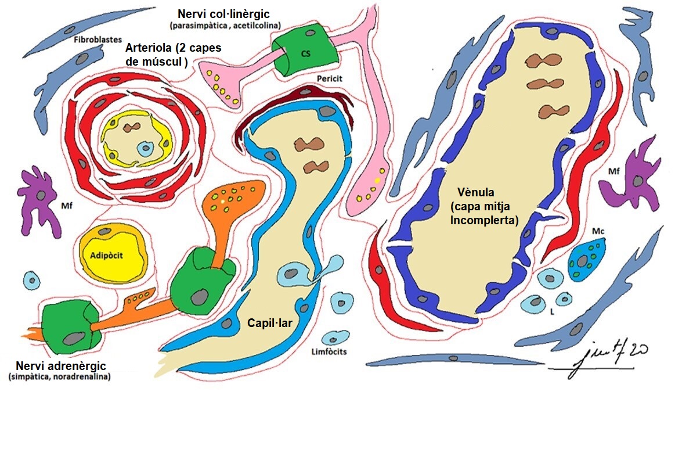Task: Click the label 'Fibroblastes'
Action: [x=98, y=40]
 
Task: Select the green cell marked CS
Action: [x=305, y=53]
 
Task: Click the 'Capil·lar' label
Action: [x=269, y=322]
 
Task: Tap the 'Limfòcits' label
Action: [x=329, y=351]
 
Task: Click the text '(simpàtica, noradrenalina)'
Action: [x=59, y=377]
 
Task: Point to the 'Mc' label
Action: [x=598, y=231]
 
